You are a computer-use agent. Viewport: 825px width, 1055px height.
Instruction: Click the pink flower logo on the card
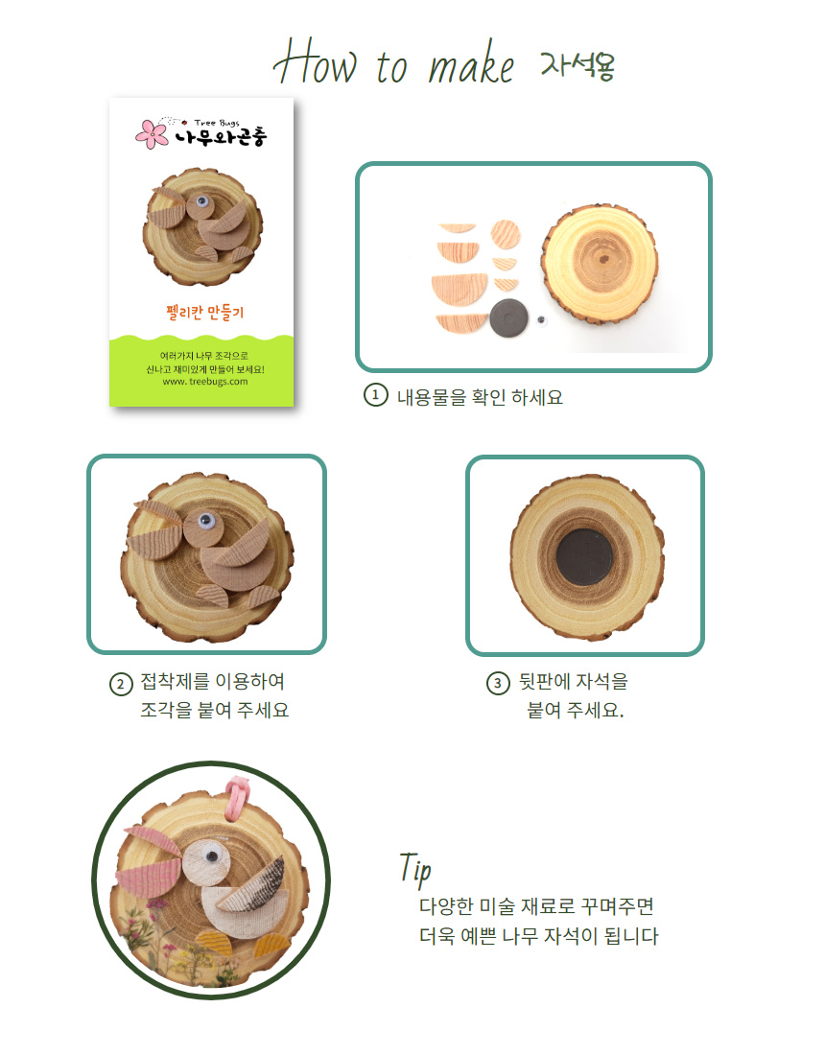coord(153,134)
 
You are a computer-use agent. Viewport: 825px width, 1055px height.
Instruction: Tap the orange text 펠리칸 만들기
coord(205,313)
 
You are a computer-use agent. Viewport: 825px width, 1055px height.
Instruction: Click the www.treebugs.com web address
coord(205,382)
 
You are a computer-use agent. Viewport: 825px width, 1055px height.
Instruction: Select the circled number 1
coord(375,395)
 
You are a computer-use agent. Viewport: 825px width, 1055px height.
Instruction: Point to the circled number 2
coord(121,684)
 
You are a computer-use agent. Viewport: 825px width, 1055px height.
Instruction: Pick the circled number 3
coord(498,684)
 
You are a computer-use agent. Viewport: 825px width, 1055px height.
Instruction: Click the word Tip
coord(415,868)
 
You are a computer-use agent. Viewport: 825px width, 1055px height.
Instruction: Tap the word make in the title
coord(471,64)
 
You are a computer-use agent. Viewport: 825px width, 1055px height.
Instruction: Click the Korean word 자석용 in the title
coord(578,65)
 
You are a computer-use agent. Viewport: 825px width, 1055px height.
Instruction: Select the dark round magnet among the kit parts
coord(508,317)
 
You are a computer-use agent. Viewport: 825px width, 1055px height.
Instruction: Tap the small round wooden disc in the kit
coord(506,234)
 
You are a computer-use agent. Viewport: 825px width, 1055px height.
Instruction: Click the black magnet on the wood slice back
coord(585,557)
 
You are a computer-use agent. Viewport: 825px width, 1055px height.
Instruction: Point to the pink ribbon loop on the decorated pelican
coord(236,797)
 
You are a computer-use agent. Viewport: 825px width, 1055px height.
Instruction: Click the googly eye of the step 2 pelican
coord(206,520)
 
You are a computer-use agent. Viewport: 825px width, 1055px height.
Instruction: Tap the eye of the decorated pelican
coord(213,856)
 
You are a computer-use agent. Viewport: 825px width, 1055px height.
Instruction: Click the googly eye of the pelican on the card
coord(201,201)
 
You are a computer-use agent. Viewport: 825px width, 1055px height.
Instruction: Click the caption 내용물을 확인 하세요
coord(480,397)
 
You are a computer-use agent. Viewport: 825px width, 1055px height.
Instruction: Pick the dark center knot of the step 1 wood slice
coord(603,259)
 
